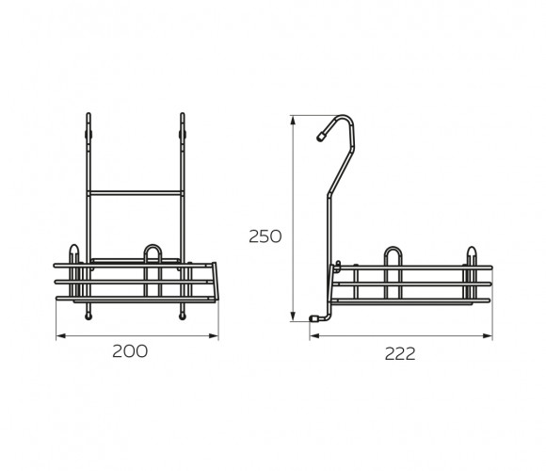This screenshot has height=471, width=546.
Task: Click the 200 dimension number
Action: coord(130,351)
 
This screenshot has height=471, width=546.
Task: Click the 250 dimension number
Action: coord(265,236)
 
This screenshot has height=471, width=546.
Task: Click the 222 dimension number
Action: coord(400,354)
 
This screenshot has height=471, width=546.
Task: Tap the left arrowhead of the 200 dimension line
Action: coord(61,336)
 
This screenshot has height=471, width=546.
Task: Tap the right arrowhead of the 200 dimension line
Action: coord(214,336)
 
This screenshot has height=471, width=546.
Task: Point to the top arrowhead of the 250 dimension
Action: coord(293,121)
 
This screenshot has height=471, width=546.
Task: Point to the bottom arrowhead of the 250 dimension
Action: coord(293,317)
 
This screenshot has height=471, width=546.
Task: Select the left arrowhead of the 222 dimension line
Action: coord(314,336)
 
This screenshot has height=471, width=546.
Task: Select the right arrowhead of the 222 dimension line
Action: coord(488,336)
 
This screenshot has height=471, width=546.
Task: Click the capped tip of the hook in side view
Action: coord(320,137)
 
